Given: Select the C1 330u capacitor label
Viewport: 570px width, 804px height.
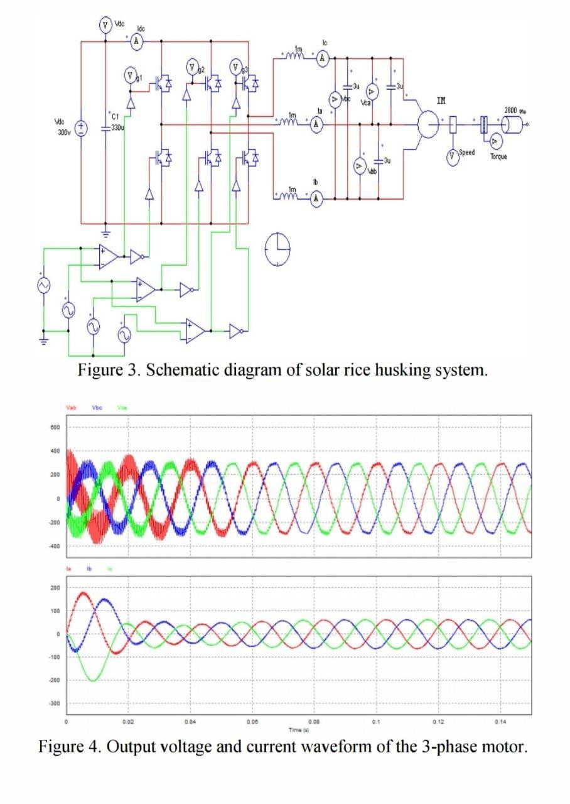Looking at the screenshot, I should pos(115,122).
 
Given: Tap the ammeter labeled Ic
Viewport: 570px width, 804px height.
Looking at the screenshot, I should pos(323,58).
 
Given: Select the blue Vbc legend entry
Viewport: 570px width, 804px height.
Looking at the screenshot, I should pos(97,406).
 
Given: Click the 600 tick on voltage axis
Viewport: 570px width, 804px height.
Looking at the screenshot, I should pos(55,427).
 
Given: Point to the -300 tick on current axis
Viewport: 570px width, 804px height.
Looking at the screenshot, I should pos(55,704).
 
